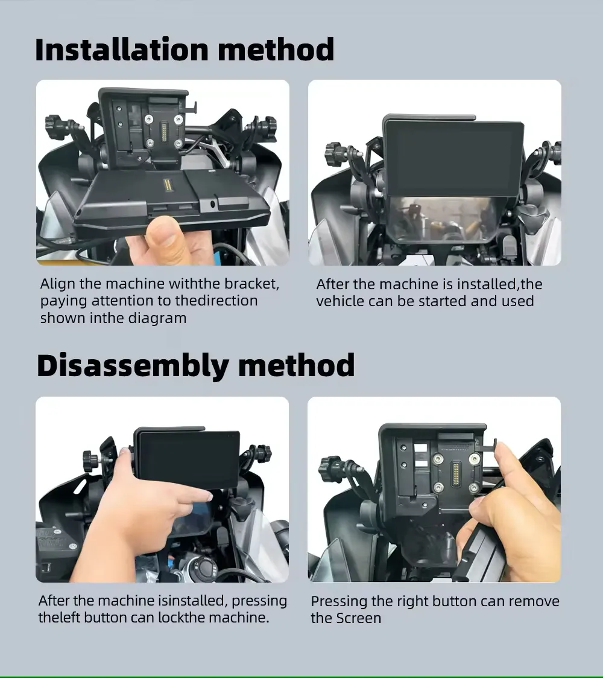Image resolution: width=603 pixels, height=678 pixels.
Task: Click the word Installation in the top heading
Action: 122,50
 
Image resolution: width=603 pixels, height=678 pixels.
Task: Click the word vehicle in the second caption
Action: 340,301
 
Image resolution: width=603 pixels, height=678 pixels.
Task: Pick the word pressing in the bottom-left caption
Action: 259,601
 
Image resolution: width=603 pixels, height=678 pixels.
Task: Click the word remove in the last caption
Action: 534,601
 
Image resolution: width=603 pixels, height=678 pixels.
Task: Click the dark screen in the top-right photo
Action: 453,158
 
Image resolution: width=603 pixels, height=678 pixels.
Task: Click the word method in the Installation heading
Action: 276,50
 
